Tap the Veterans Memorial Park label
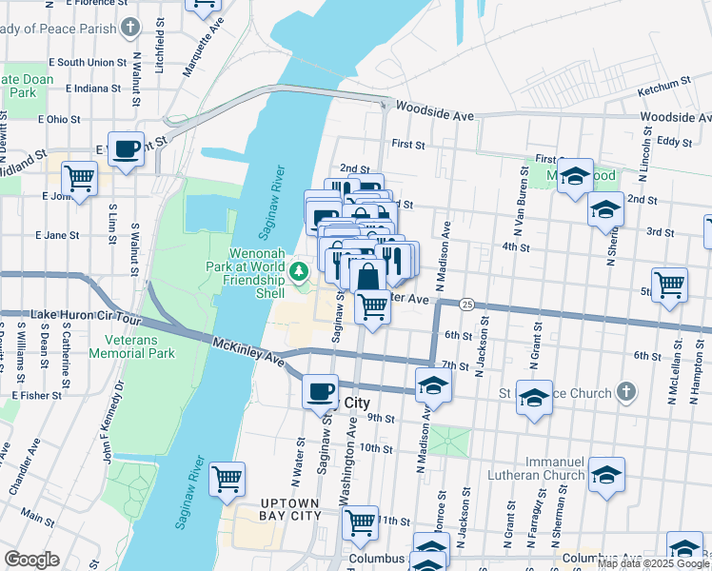(132, 345)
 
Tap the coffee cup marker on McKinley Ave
(321, 389)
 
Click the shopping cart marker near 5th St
(670, 285)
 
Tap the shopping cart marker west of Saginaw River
(227, 480)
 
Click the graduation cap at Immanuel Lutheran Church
(606, 475)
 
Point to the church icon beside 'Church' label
(625, 391)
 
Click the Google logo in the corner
(31, 560)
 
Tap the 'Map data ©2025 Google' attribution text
(653, 563)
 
